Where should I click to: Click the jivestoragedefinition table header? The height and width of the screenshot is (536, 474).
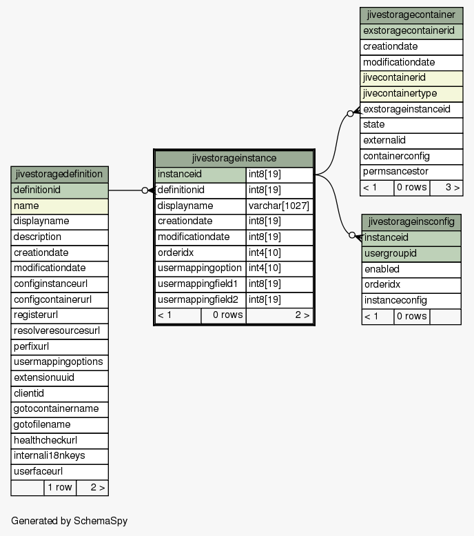pos(59,175)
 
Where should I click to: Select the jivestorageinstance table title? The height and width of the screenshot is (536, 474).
pos(234,158)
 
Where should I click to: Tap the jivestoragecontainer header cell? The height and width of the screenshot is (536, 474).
pos(411,15)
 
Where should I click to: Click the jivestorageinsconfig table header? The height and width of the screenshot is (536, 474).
pos(411,222)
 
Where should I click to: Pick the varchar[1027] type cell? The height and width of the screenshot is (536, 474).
pos(279,206)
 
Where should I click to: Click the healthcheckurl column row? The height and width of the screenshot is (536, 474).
pos(59,440)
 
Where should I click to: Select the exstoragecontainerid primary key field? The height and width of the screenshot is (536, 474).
pos(411,31)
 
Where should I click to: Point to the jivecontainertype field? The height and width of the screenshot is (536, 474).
pos(411,94)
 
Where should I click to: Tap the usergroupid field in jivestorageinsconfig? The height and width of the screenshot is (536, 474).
pos(411,254)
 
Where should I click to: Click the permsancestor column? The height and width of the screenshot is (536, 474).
pos(411,172)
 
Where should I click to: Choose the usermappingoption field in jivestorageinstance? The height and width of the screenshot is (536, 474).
pos(200,268)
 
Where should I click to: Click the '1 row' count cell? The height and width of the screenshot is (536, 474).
pos(60,488)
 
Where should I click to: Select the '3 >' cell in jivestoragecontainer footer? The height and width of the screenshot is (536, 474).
pos(446,188)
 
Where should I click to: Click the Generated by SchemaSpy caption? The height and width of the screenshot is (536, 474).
pos(70,521)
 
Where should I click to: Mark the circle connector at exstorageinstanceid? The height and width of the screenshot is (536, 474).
pos(350,114)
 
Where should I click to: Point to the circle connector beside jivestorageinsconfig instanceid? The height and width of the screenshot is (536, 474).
pos(352,235)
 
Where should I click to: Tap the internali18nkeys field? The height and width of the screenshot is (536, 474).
pos(59,456)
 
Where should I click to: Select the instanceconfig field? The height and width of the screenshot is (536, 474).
pos(411,301)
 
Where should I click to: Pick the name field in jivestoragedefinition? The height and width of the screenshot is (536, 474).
pos(59,206)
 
